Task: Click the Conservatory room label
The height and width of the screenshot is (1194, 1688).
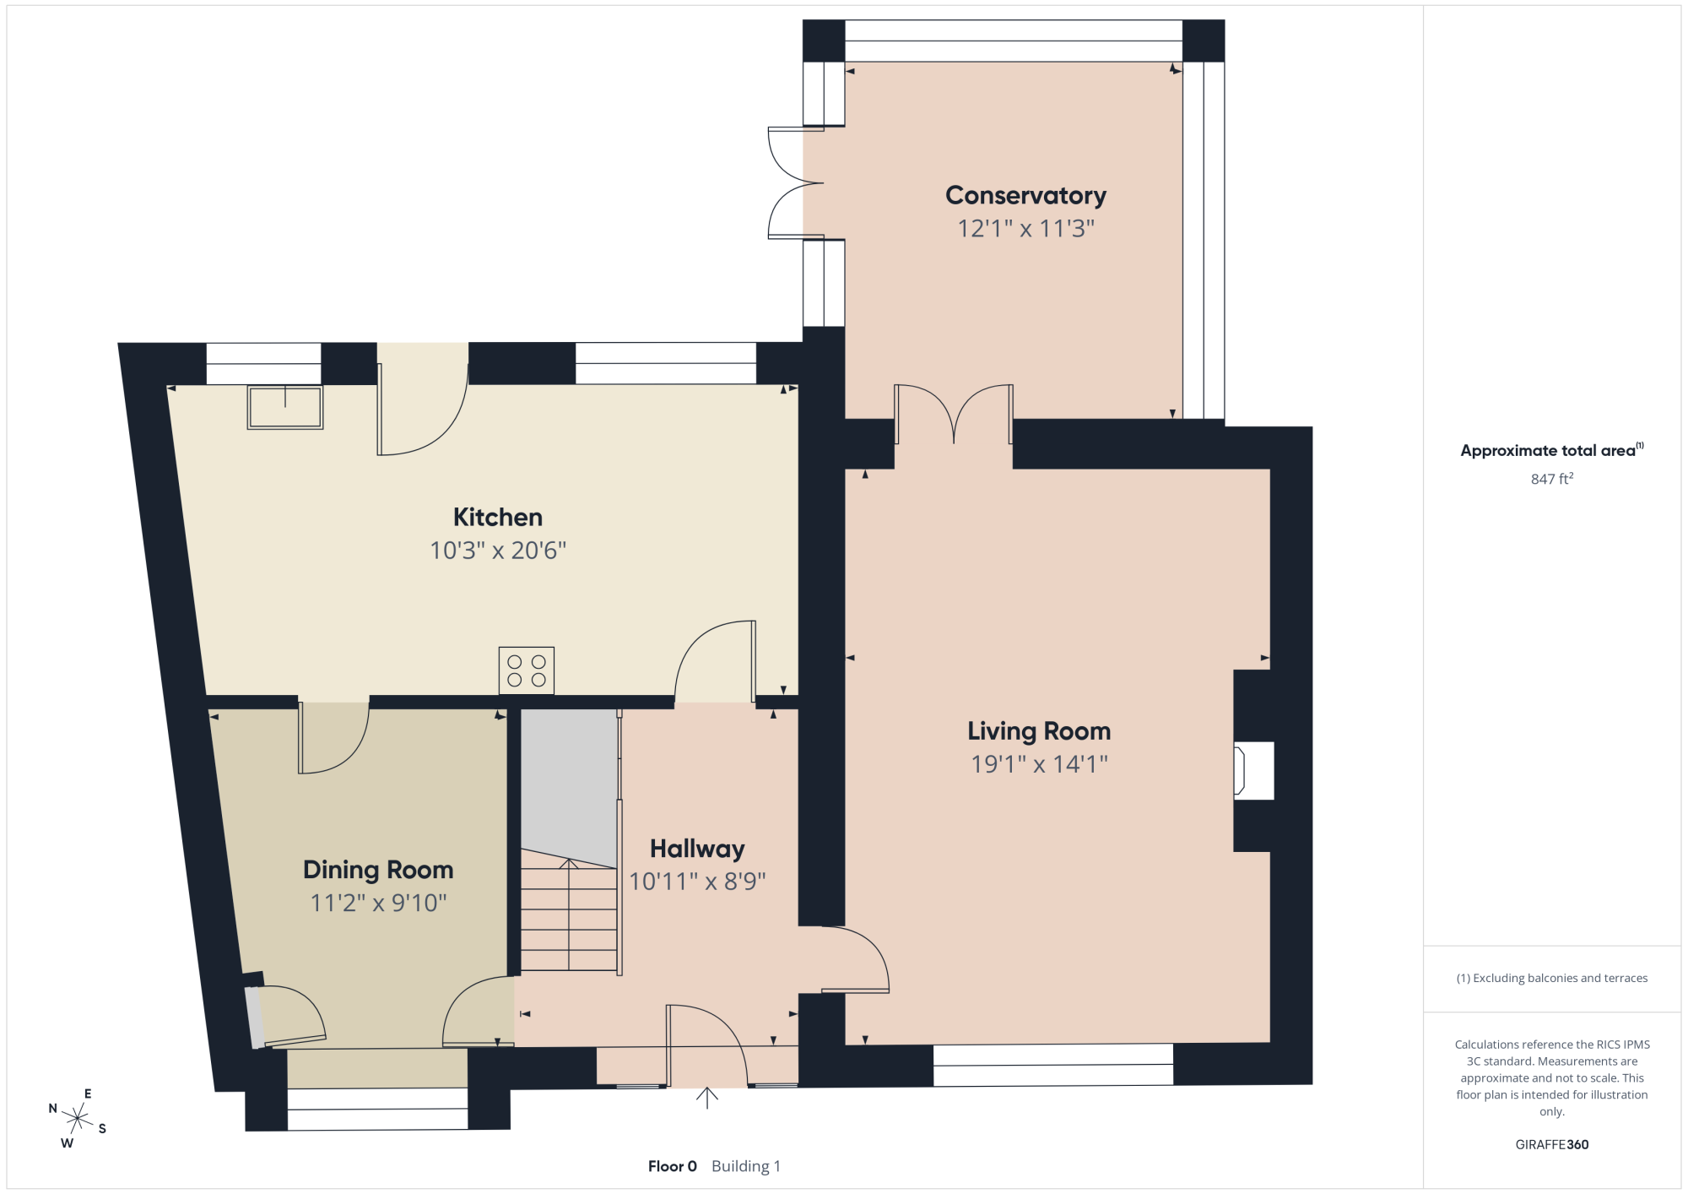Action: tap(1025, 196)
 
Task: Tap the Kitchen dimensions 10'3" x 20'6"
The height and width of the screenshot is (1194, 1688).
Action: tap(498, 551)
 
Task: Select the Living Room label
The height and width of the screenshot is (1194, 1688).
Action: tap(1039, 731)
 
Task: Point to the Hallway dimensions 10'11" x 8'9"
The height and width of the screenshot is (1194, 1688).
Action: tap(697, 882)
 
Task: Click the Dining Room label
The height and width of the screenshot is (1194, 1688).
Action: tap(378, 870)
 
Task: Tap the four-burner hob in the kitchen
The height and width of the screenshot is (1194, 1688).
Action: tap(527, 670)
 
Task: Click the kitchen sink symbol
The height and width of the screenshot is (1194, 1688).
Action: tap(285, 407)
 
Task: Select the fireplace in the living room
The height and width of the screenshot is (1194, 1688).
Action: tap(1253, 770)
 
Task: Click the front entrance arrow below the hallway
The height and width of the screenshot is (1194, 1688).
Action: tap(707, 1097)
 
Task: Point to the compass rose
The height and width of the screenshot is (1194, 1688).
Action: tap(78, 1120)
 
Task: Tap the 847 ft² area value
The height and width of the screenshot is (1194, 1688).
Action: tap(1552, 479)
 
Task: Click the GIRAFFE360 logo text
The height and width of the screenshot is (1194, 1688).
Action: tap(1552, 1145)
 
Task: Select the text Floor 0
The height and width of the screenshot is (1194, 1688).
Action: tap(673, 1166)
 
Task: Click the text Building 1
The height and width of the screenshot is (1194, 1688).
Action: tap(746, 1166)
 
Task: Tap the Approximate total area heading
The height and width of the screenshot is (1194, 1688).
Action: tap(1552, 450)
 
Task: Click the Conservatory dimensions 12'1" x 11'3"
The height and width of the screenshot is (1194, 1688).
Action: tap(1025, 229)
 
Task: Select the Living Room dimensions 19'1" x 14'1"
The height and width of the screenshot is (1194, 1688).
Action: tap(1039, 764)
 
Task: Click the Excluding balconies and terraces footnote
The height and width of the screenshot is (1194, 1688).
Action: tap(1552, 978)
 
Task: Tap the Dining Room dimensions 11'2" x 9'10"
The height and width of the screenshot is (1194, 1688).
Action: tap(378, 903)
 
